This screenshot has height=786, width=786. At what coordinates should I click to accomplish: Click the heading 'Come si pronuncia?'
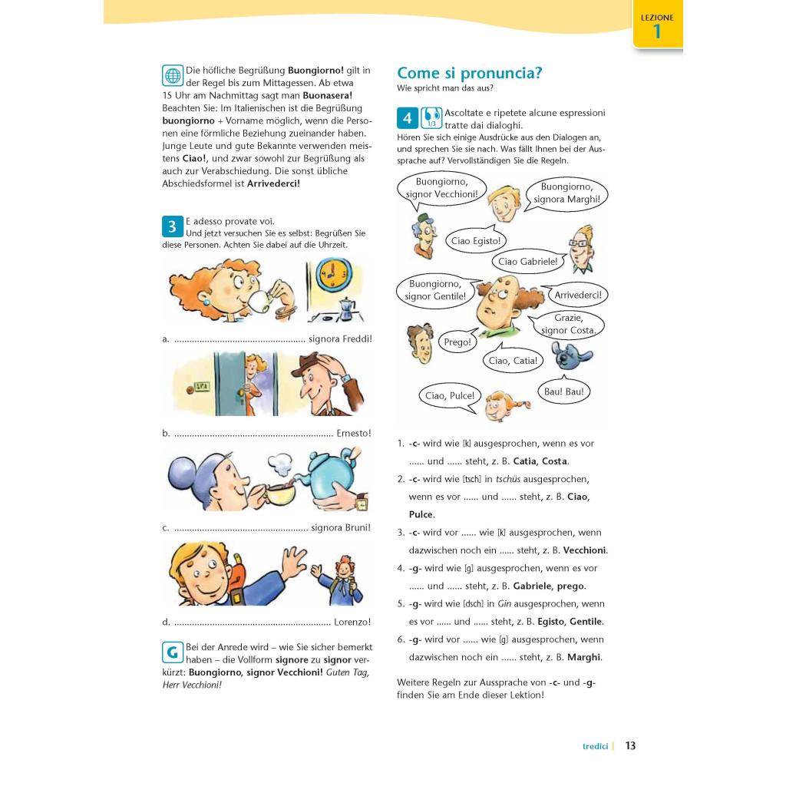[469, 73]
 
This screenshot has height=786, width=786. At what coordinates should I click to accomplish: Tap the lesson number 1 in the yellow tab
[656, 31]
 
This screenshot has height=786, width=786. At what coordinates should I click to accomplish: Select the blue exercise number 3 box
[173, 226]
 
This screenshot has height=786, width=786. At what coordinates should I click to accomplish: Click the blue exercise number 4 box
[408, 118]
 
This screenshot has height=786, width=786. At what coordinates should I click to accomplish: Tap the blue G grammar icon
[173, 652]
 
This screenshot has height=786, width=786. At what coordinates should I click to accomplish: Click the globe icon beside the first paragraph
[173, 75]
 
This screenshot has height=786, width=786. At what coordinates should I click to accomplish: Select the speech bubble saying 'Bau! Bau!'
[563, 391]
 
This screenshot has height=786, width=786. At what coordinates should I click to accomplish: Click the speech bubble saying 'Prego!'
[457, 342]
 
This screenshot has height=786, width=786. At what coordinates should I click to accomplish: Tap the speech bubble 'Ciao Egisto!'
[476, 241]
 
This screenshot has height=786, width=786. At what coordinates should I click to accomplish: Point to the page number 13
[630, 745]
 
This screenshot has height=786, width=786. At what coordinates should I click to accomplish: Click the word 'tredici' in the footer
[595, 746]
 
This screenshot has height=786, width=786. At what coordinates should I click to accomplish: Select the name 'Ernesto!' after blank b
[354, 433]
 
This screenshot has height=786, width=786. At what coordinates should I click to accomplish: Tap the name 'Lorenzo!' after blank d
[352, 623]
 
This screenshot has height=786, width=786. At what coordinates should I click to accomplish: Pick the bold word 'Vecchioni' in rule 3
[585, 550]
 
